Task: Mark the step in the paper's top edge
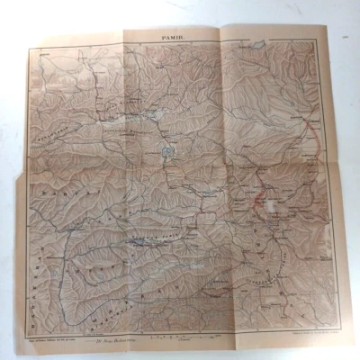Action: click(221, 32)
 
